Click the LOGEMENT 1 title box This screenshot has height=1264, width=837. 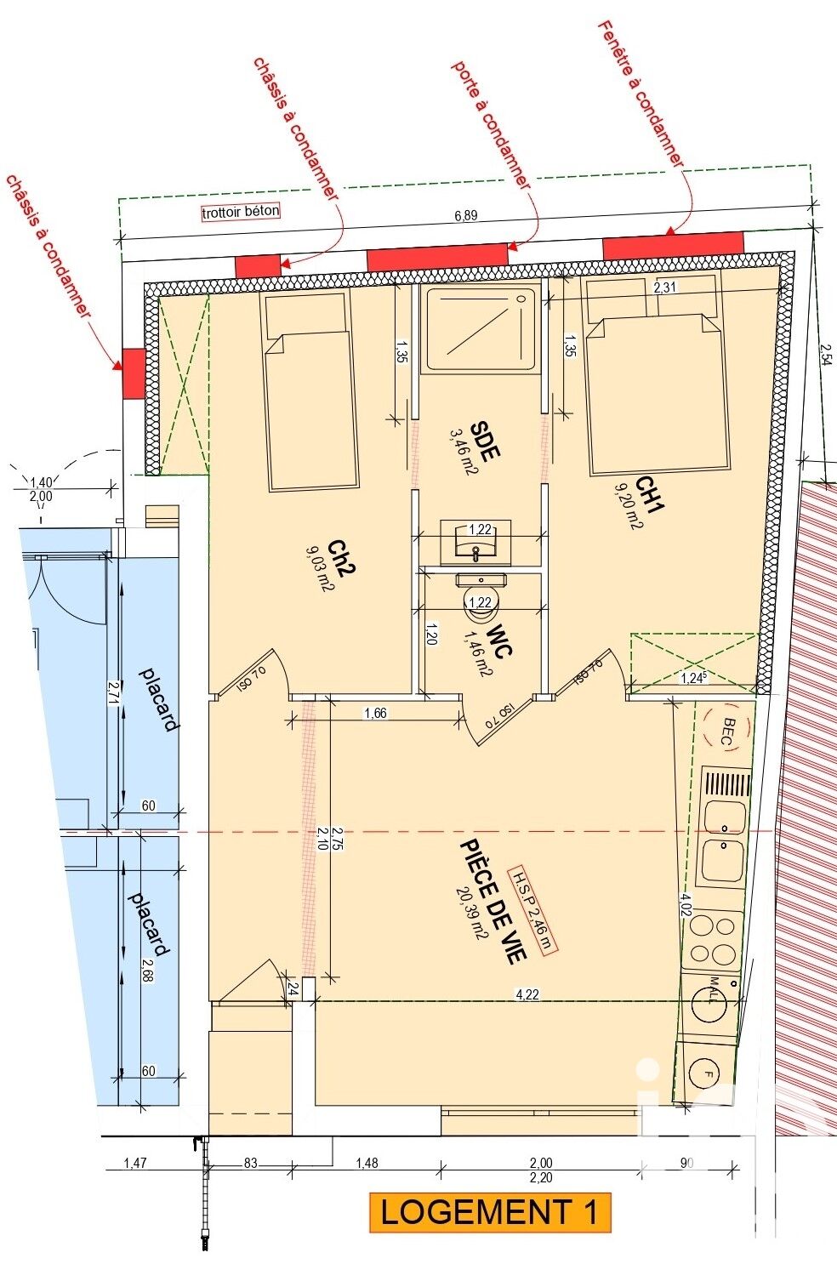pos(490,1212)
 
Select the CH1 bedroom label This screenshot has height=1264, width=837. pos(650,494)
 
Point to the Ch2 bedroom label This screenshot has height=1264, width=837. pos(341,558)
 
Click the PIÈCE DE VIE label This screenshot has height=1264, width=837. pos(493,901)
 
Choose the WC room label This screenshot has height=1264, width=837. pos(499,640)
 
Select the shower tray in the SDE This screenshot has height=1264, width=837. pos(481,329)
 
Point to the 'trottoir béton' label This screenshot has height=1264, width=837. pos(241,212)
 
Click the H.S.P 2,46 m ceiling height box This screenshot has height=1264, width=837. pos(532,910)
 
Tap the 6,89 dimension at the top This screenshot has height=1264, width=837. pos(465,215)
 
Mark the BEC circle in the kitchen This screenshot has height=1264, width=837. pos(728,732)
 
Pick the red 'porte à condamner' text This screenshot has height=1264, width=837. pos(491,125)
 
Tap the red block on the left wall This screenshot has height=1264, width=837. pos(134,373)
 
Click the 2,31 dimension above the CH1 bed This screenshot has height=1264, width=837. pos(665,288)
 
